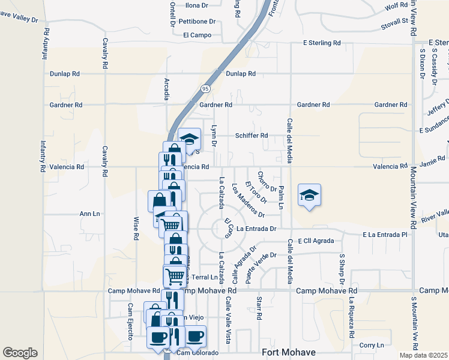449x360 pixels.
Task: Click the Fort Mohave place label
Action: pos(289,352)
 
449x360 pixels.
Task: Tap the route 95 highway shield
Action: pos(206,89)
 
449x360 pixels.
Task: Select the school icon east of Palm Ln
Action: pos(309,195)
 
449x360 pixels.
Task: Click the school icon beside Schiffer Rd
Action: pos(189,139)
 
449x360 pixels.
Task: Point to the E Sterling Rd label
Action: pos(322,43)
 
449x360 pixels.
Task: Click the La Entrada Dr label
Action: pos(256,229)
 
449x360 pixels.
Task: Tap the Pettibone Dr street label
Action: pos(197,22)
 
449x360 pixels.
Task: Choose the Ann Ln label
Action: pos(89,213)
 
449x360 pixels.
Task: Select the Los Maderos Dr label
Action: pos(248,200)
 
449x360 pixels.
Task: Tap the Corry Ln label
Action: pos(372,345)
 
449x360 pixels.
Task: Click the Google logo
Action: pos(20,353)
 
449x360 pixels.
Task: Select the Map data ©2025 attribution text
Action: pos(423,355)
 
